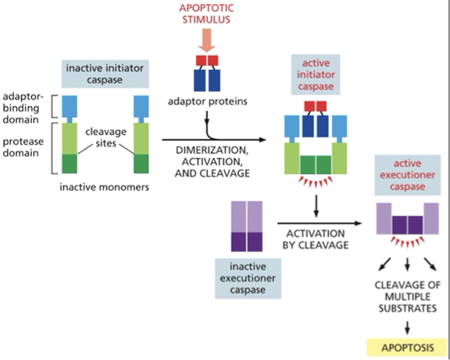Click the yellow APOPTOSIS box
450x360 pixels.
tap(407, 345)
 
